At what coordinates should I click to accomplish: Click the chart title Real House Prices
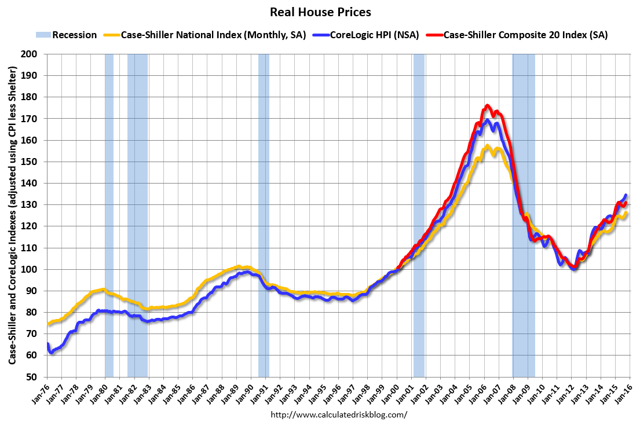pos(320,12)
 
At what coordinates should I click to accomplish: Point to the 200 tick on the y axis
pos(34,54)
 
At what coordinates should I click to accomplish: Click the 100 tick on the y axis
pos(34,269)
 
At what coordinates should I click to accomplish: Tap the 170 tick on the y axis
pos(34,119)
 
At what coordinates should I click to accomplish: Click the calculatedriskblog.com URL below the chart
pos(339,415)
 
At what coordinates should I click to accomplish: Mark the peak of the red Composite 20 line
pos(487,105)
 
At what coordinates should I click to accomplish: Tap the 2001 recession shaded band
pos(419,214)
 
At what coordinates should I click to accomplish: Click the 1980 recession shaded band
pos(109,214)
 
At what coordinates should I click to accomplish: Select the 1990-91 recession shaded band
pos(264,214)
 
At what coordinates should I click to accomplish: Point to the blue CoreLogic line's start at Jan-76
pos(47,345)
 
